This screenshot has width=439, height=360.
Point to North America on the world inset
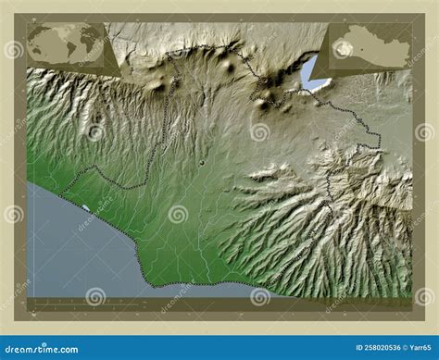[x=47, y=38]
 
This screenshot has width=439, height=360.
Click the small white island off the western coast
[x=85, y=208]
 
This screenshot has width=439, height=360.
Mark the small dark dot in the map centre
[x=201, y=163]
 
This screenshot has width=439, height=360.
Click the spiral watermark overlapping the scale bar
[x=95, y=296]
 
